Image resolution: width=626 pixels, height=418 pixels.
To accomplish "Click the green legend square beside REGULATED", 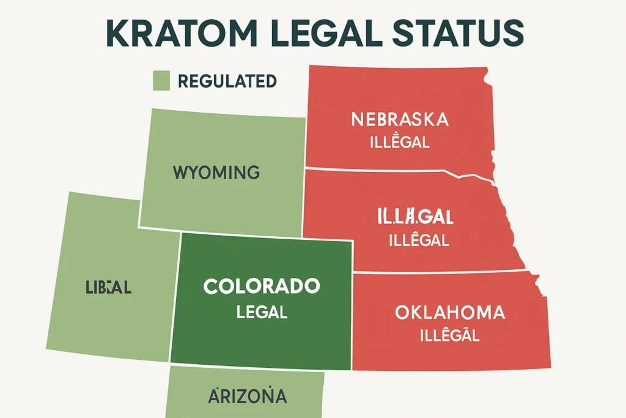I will (x=160, y=81).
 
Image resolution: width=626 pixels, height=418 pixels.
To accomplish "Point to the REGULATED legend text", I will (x=227, y=81).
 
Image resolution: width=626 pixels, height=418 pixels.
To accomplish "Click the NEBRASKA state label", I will (x=400, y=119).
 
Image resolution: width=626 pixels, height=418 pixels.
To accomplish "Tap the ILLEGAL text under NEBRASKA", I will (x=400, y=143).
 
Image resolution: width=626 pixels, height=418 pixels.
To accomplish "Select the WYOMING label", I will (x=216, y=173).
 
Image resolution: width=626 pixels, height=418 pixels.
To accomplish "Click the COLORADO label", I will (x=262, y=286).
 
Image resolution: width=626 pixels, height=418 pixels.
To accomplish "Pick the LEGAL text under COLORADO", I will (x=262, y=312).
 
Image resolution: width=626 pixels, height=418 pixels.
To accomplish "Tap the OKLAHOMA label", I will (x=450, y=313).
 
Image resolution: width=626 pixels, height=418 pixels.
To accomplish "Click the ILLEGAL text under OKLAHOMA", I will (x=450, y=335).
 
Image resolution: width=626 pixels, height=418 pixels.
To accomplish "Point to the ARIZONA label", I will (x=247, y=396).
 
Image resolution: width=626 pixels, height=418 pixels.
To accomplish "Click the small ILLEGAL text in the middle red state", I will (x=419, y=239).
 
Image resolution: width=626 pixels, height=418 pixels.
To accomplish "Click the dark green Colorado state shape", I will (x=263, y=343).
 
